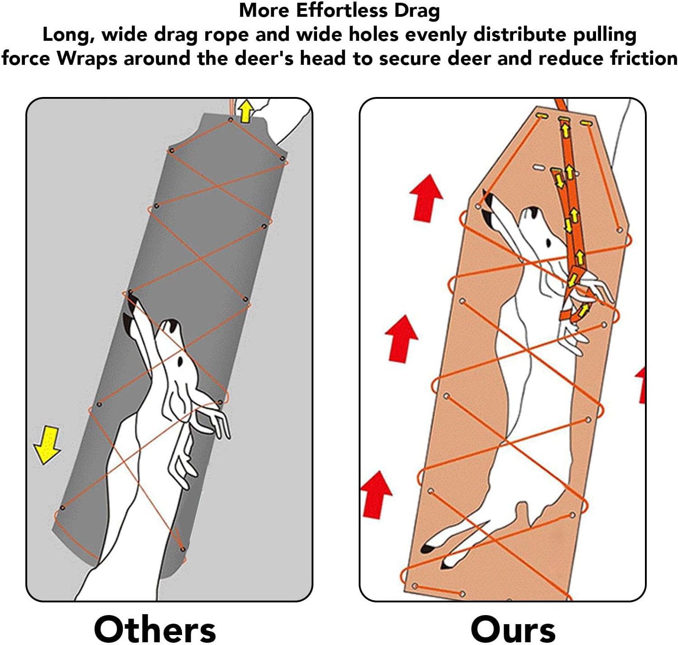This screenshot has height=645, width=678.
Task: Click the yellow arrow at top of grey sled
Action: coord(246,111)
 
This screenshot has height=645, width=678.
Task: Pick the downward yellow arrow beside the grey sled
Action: coord(47,446)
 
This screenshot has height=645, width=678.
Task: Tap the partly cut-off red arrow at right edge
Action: coord(640,385)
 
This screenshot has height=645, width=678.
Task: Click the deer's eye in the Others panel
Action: coord(180,362)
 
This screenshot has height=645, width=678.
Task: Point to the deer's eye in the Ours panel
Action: coord(548,243)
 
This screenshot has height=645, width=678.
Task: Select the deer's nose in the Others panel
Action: coord(171,325)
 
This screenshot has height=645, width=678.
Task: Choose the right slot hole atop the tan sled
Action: coord(586,123)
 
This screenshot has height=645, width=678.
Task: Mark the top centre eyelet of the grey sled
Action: coord(231,120)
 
